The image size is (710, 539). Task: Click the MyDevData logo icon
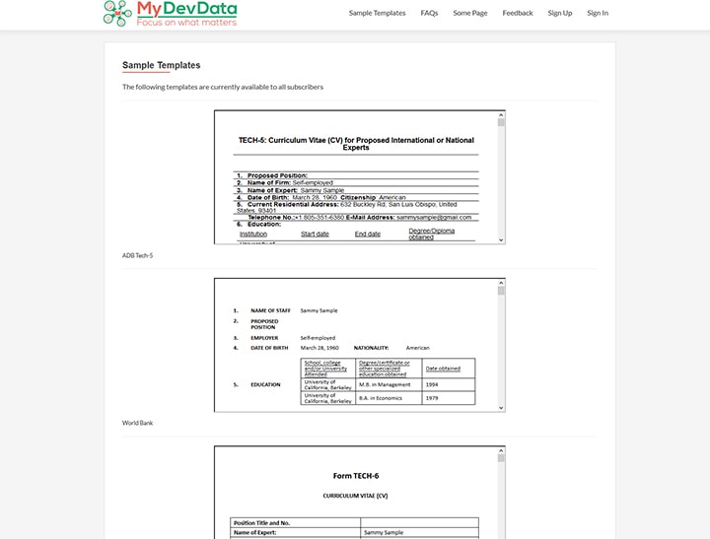(x=117, y=13)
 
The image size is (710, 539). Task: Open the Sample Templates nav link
(x=377, y=13)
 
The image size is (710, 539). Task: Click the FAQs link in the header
(x=429, y=13)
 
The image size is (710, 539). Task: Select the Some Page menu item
(x=469, y=13)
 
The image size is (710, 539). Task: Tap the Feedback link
(x=517, y=13)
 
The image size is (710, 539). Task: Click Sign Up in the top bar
(x=559, y=13)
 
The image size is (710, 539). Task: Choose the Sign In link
(x=598, y=13)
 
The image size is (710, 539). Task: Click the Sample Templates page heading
(x=161, y=65)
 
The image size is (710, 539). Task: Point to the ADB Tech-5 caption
(x=137, y=255)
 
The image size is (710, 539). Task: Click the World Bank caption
(x=137, y=423)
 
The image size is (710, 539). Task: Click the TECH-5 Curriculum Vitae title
(x=356, y=144)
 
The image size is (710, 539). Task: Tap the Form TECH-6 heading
(x=356, y=476)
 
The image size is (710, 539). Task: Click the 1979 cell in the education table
(x=432, y=397)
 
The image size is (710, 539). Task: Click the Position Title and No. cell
(x=261, y=522)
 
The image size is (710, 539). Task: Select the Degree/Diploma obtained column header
(x=432, y=233)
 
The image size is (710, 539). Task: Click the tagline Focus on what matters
(x=186, y=21)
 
